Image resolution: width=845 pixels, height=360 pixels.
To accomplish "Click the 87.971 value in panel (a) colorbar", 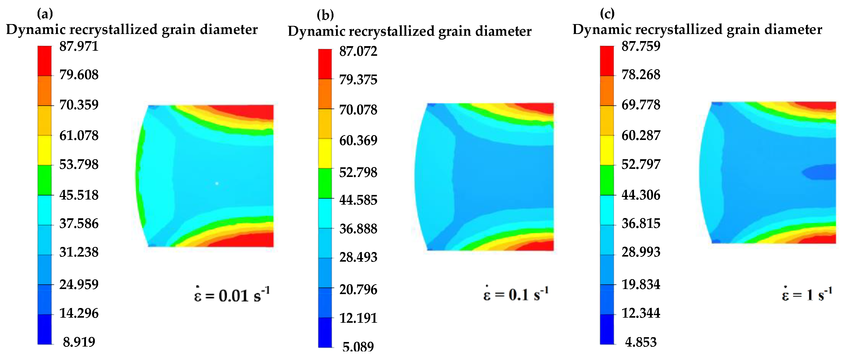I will [79, 46].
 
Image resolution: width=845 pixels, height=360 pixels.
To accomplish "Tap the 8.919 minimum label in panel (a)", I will [79, 342].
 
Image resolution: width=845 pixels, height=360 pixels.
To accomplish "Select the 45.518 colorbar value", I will [79, 195].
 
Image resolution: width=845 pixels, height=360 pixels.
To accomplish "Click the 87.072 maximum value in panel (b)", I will [358, 51].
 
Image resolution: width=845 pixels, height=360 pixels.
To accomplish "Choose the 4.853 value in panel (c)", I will [641, 342].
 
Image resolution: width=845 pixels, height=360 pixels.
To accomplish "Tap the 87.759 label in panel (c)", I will [641, 46].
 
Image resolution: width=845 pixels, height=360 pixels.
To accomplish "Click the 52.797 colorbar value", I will [641, 164].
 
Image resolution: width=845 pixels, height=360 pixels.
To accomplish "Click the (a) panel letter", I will [45, 14].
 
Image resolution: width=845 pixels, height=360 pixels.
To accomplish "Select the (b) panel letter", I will [325, 15].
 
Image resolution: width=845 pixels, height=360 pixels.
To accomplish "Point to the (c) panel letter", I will [607, 14].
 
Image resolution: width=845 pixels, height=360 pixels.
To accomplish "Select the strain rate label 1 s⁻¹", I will [807, 294].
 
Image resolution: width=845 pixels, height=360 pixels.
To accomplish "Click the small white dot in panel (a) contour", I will [217, 183].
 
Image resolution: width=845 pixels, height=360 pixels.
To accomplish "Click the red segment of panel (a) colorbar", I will [45, 61].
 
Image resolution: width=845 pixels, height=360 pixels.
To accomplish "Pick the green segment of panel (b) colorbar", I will [325, 183].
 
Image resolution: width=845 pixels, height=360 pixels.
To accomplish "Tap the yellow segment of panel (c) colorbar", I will [607, 150].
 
